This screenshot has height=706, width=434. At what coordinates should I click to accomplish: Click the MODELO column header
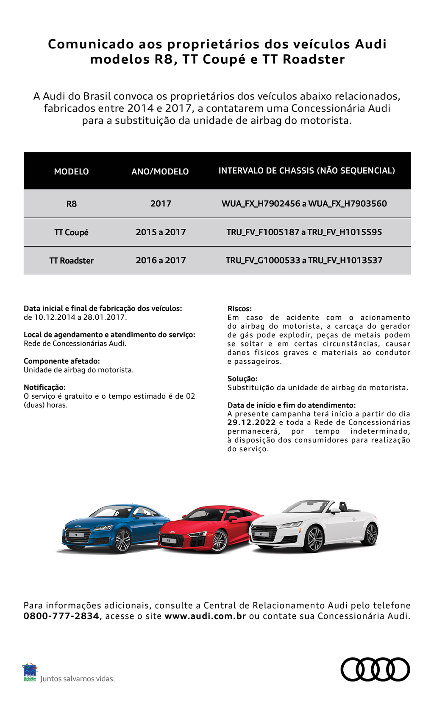click(x=71, y=172)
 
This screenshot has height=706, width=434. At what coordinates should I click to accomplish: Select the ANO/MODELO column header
click(x=160, y=172)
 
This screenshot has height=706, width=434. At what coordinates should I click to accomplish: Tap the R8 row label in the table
click(x=71, y=204)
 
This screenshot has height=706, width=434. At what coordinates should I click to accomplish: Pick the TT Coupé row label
click(x=71, y=232)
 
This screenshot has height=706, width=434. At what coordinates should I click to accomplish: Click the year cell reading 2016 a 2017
click(x=161, y=260)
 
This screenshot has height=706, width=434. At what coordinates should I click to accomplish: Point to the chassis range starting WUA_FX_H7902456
click(x=304, y=203)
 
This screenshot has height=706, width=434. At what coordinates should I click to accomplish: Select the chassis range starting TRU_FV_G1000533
click(x=304, y=260)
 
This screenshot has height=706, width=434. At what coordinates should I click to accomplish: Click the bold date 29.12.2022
click(x=251, y=422)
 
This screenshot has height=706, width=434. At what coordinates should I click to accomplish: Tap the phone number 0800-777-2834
click(x=61, y=616)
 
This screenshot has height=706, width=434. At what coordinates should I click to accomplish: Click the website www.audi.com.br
click(x=205, y=616)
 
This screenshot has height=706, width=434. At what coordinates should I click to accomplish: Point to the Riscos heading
click(x=239, y=309)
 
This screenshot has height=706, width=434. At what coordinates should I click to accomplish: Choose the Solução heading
click(x=242, y=379)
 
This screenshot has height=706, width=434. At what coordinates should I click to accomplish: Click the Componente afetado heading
click(x=61, y=361)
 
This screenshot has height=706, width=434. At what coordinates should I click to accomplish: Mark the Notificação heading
click(x=45, y=387)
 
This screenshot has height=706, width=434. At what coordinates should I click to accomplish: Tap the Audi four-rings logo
click(x=375, y=669)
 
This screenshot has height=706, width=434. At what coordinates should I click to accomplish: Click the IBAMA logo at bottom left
click(x=30, y=672)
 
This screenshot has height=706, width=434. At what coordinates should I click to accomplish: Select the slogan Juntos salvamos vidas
click(x=77, y=679)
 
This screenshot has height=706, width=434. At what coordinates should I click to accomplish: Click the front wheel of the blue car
click(x=122, y=540)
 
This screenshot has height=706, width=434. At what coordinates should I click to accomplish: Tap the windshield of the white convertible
click(x=306, y=507)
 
